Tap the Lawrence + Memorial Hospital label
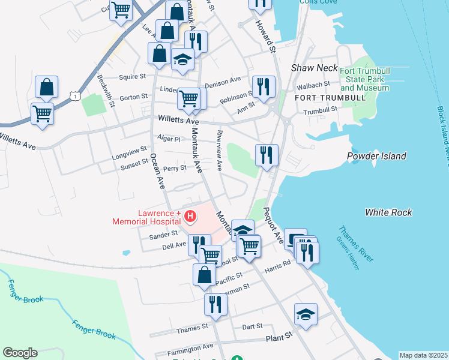coord(146,217)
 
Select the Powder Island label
coord(376,156)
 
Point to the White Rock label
coord(388,212)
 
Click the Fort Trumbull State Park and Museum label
coord(365,79)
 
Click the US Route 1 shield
coord(74,96)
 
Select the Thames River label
coord(356,243)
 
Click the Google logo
coord(20,353)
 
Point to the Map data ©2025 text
coord(423,355)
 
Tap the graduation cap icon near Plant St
coord(306,314)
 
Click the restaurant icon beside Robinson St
coord(264,87)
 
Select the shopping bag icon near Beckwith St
coord(46,88)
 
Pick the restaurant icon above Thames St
coord(215,305)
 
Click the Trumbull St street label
coord(320,110)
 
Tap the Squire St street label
coord(133,77)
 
